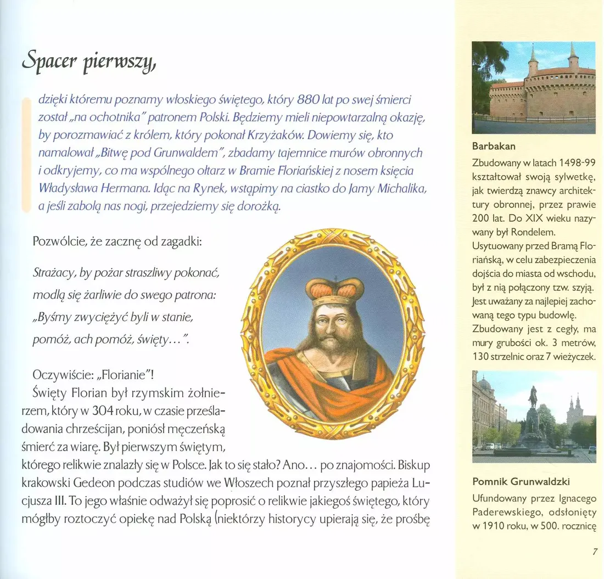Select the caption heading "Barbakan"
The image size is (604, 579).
pyautogui.click(x=494, y=147)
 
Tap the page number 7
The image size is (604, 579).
pyautogui.click(x=595, y=552)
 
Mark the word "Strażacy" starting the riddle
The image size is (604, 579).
pyautogui.click(x=54, y=273)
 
